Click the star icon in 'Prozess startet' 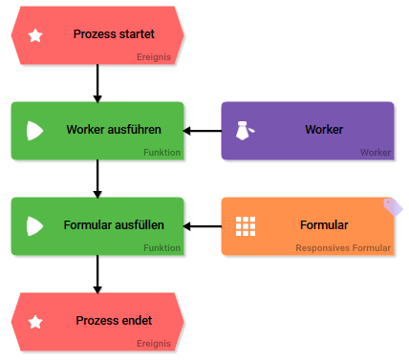(x=35, y=35)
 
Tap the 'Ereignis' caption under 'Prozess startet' (x=154, y=57)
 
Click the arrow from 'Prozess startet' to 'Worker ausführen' (x=97, y=83)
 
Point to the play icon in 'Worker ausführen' (x=35, y=131)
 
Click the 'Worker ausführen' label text (x=114, y=130)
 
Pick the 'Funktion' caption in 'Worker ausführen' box (x=161, y=153)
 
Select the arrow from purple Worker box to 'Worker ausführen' (x=203, y=131)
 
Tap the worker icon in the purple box (x=246, y=131)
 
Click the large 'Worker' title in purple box (x=324, y=130)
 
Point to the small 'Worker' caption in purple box (x=375, y=153)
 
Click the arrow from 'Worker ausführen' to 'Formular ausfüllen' (x=97, y=179)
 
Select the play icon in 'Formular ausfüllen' (x=35, y=226)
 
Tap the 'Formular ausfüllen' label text (x=114, y=225)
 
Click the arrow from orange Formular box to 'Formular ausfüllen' (x=203, y=226)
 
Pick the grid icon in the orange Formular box (x=246, y=226)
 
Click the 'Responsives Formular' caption (x=343, y=248)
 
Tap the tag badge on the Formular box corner (x=392, y=205)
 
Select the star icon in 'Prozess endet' (x=35, y=322)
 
